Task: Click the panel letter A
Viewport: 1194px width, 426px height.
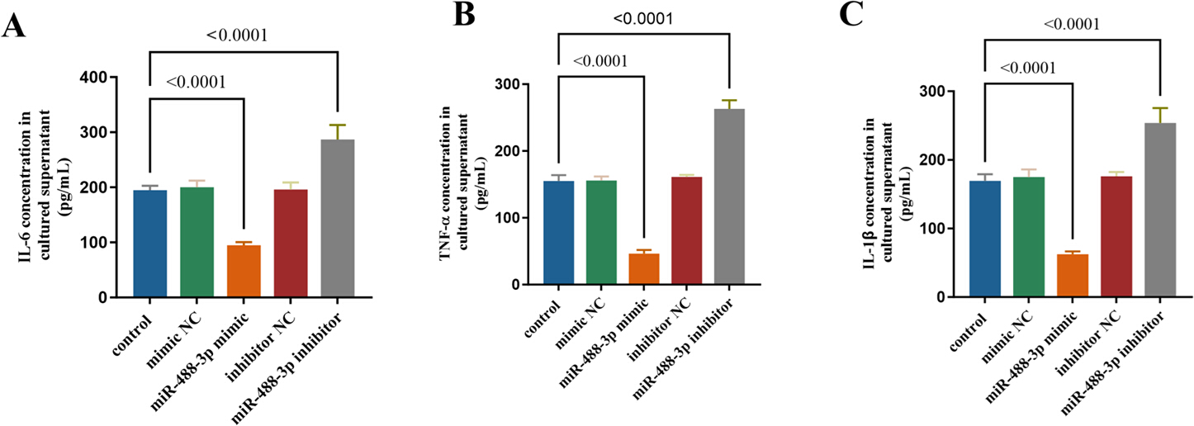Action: pyautogui.click(x=13, y=26)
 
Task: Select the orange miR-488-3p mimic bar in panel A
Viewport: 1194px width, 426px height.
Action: pyautogui.click(x=244, y=271)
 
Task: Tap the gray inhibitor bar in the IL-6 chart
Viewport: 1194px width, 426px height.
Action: pyautogui.click(x=338, y=218)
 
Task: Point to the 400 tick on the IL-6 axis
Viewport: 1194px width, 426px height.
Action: pyautogui.click(x=94, y=78)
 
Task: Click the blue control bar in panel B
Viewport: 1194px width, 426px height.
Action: pyautogui.click(x=559, y=233)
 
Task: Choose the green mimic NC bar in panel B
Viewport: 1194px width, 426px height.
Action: pyautogui.click(x=601, y=233)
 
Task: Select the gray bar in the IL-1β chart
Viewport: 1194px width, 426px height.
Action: pyautogui.click(x=1160, y=210)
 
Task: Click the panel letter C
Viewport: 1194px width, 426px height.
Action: pyautogui.click(x=850, y=14)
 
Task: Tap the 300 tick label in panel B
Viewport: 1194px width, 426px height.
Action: pyautogui.click(x=508, y=84)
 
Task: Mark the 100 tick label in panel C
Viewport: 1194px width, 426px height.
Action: pyautogui.click(x=933, y=229)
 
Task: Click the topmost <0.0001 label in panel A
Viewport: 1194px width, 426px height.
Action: pyautogui.click(x=237, y=35)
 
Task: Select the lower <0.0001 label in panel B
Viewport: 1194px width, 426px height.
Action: pyautogui.click(x=600, y=61)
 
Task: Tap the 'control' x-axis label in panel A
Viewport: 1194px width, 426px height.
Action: pyautogui.click(x=133, y=334)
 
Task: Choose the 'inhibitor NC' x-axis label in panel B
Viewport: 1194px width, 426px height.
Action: pyautogui.click(x=661, y=329)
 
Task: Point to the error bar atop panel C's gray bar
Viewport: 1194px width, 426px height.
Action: pyautogui.click(x=1160, y=115)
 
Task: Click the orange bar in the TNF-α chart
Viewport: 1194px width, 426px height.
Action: pyautogui.click(x=644, y=268)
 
